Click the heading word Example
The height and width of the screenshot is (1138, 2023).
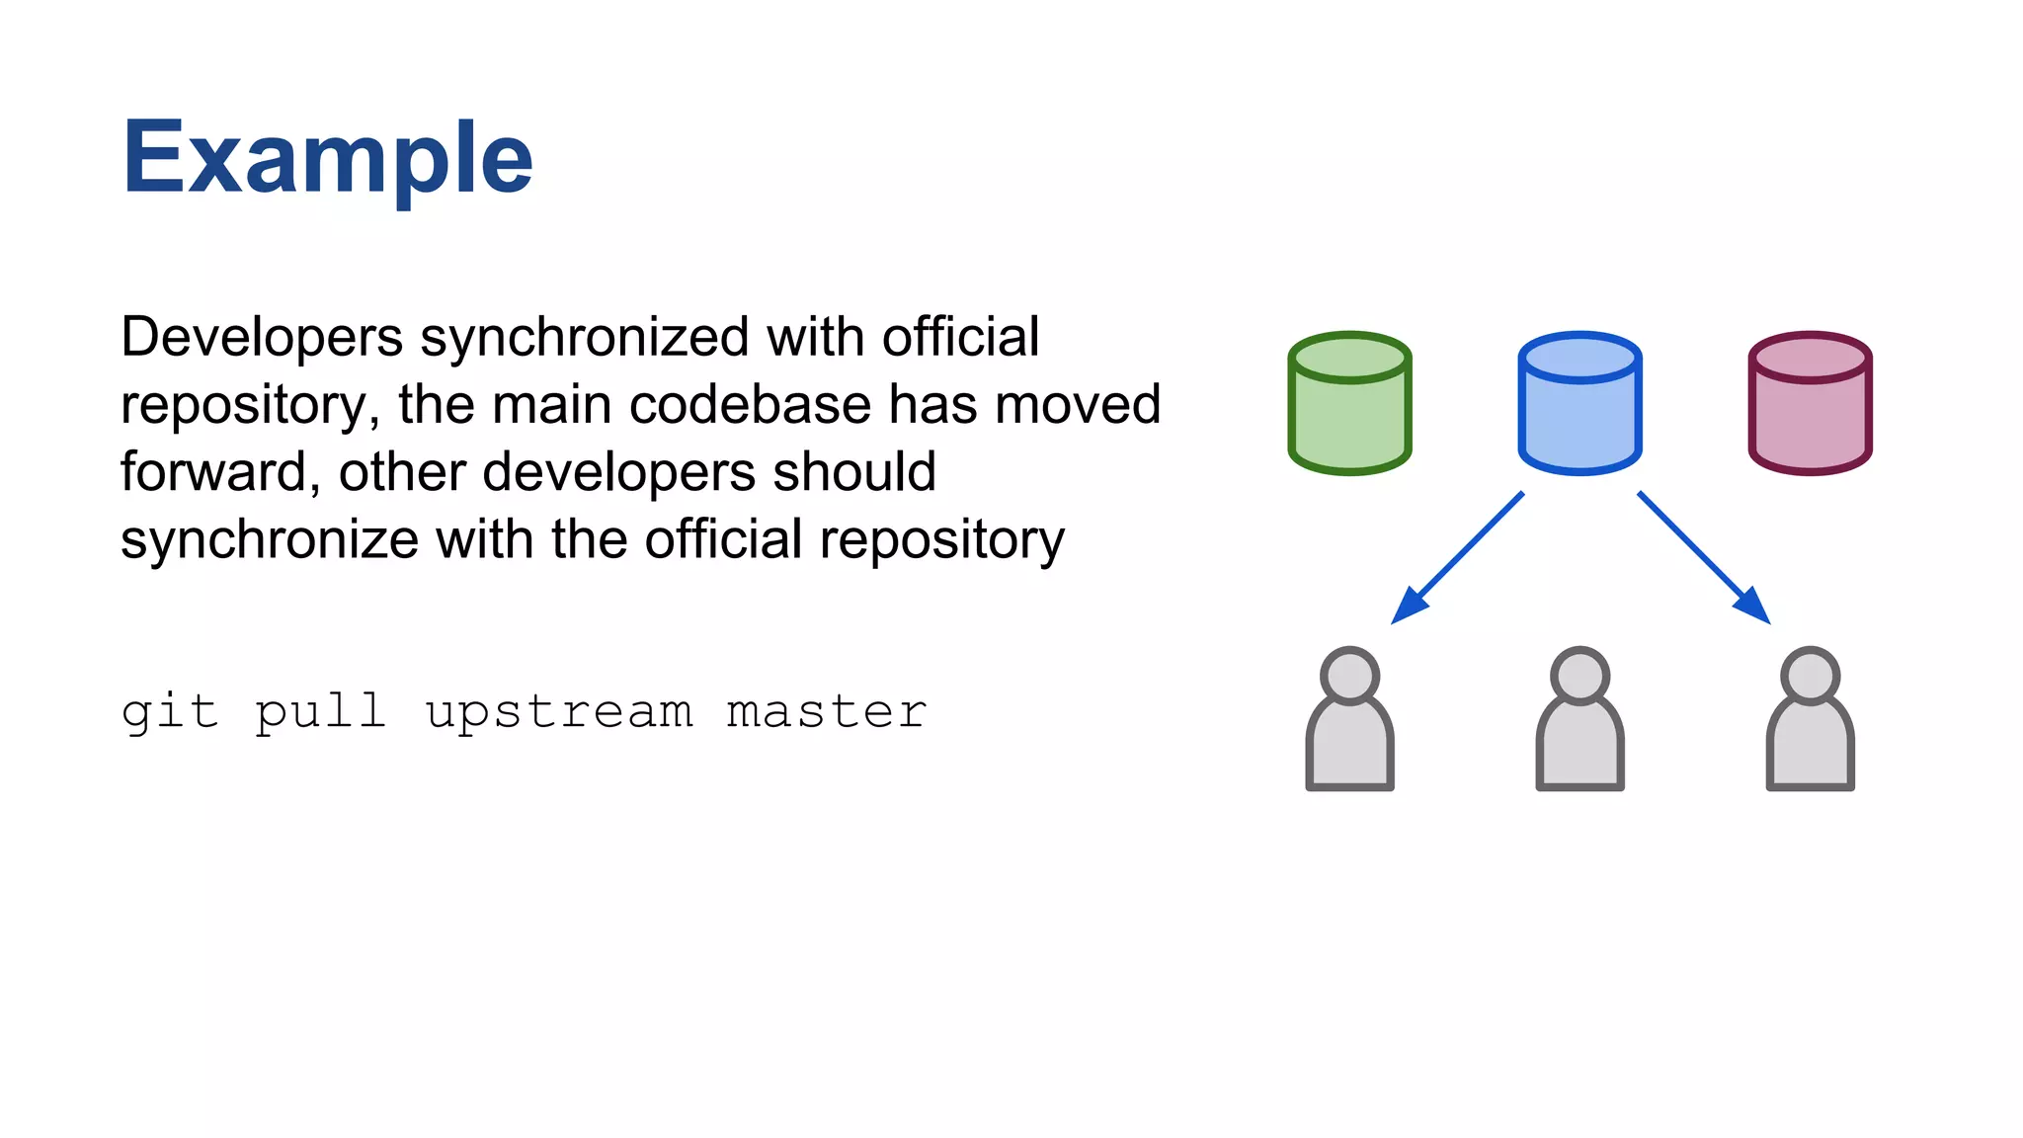(327, 158)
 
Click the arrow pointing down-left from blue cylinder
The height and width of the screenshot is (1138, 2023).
(1458, 557)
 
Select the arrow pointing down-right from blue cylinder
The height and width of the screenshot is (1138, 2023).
(1703, 557)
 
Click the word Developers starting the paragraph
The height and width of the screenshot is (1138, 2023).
(262, 338)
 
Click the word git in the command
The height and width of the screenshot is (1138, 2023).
(169, 712)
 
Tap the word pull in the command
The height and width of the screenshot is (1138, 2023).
(320, 712)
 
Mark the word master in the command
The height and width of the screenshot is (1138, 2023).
(827, 712)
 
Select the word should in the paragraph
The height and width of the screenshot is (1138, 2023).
(854, 472)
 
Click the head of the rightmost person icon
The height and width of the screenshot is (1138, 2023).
(1810, 676)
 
